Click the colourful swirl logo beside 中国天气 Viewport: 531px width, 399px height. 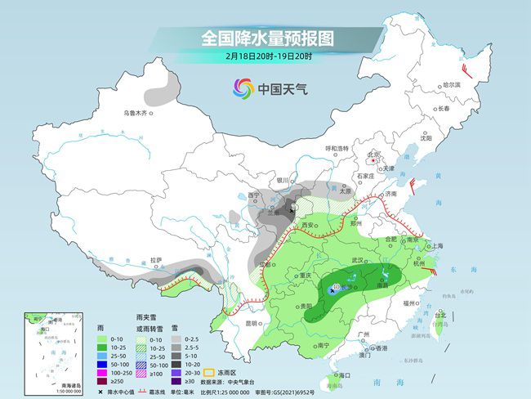[x=243, y=87]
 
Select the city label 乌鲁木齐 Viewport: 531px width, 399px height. [x=136, y=113]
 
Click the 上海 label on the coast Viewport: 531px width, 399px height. [x=438, y=245]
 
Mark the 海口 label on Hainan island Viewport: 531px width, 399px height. [x=343, y=374]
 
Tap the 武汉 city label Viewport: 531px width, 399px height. [x=357, y=259]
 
